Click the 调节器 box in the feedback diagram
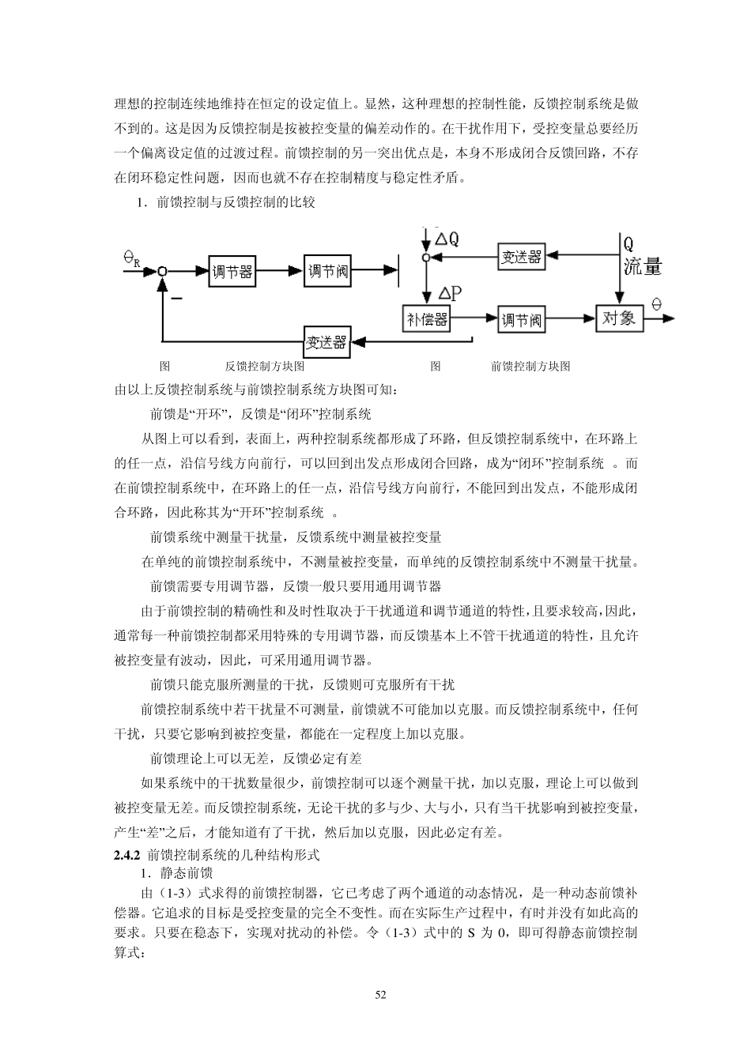[232, 271]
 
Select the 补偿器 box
[426, 319]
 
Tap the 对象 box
[618, 318]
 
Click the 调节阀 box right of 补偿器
[521, 319]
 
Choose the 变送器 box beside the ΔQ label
[521, 256]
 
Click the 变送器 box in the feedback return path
[326, 341]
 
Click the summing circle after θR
[161, 271]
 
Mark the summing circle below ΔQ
[425, 257]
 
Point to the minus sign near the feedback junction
[176, 299]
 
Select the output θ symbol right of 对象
[656, 304]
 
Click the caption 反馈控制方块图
[264, 366]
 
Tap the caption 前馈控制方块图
[530, 366]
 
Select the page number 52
[380, 995]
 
